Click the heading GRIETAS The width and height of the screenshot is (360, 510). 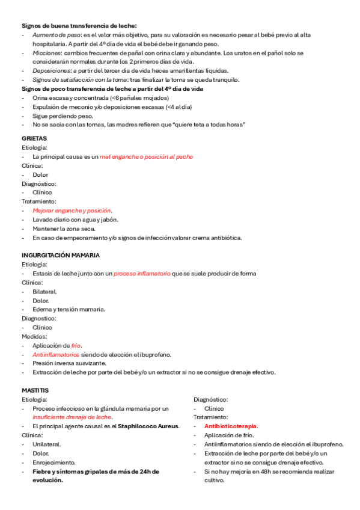click(x=34, y=138)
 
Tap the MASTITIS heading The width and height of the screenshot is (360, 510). click(x=35, y=390)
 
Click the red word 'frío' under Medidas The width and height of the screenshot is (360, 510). click(x=76, y=345)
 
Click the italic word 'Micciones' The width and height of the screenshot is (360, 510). click(x=47, y=54)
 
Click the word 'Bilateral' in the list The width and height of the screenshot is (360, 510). click(x=46, y=291)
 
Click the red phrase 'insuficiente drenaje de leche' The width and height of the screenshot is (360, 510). click(x=73, y=417)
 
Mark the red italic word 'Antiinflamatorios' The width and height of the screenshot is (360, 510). click(x=56, y=354)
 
